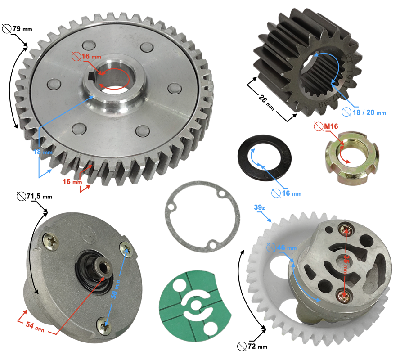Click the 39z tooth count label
[259, 207]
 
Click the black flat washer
[265, 159]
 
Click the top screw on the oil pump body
[346, 230]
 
